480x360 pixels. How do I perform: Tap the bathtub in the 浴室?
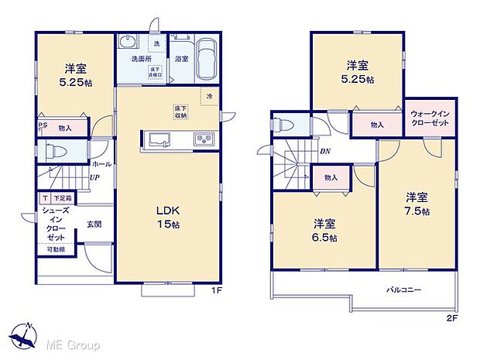coord(204,59)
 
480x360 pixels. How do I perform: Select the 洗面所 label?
coord(134,58)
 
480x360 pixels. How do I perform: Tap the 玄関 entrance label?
coord(93,225)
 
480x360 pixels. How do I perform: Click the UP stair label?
coord(94,178)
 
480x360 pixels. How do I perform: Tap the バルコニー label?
coord(404,290)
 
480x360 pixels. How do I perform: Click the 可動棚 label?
coord(56,250)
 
